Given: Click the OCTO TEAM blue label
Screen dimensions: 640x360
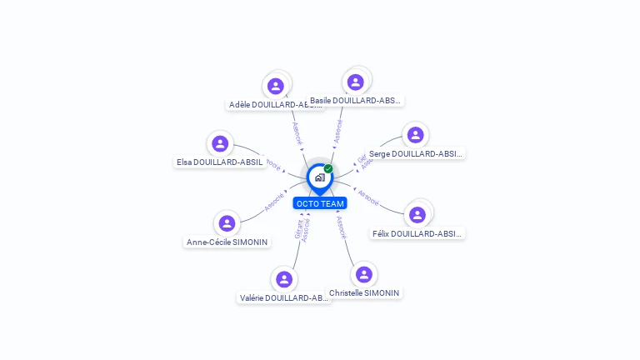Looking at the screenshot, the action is click(x=320, y=203).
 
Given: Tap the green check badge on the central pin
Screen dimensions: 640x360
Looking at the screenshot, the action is click(x=328, y=168).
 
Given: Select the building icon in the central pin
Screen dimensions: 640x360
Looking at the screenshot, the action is click(x=319, y=177).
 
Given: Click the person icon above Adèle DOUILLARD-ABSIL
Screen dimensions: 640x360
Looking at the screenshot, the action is click(x=275, y=86).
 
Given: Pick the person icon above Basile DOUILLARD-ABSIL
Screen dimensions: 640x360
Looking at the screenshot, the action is click(x=356, y=82).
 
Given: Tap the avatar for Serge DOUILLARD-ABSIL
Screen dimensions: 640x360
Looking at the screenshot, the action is click(x=415, y=135).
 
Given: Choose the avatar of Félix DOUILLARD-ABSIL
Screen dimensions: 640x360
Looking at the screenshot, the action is click(x=417, y=215).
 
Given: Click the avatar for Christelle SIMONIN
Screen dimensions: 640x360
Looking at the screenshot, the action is click(x=363, y=274).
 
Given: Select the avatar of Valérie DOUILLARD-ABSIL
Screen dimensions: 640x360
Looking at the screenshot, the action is click(x=284, y=279).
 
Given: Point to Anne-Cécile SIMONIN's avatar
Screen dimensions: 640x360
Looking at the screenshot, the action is click(x=227, y=223).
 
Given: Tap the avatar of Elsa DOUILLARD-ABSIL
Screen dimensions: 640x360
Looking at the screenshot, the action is click(x=220, y=143).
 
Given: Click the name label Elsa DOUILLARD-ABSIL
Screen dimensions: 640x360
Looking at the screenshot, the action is click(x=220, y=162).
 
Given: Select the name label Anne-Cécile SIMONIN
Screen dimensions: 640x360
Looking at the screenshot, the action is click(x=227, y=242).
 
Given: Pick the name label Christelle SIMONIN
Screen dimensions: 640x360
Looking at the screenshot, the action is click(x=364, y=293).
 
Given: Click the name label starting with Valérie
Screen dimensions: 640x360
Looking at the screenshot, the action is click(x=284, y=297).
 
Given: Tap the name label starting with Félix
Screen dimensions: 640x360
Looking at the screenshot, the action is click(x=417, y=234).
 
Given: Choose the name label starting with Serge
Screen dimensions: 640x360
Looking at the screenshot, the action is click(x=415, y=153).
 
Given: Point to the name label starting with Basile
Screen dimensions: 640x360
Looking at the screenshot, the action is click(x=356, y=101).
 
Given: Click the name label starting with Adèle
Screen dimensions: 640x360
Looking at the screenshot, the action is click(x=275, y=105).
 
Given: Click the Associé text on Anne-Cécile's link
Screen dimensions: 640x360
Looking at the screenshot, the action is click(x=274, y=202).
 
